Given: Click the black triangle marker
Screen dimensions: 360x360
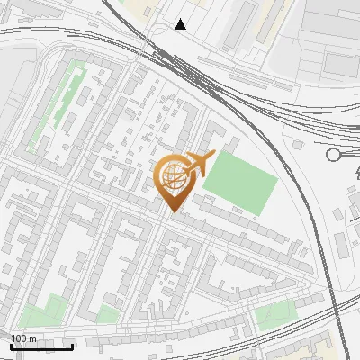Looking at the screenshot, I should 181,24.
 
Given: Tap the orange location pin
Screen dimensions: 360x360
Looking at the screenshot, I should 174,184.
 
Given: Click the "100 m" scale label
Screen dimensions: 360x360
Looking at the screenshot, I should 23,337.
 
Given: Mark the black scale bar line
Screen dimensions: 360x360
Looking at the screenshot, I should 41,346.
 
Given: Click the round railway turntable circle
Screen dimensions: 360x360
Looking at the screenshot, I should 334,155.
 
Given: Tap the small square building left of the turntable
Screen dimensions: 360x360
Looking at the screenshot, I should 300,144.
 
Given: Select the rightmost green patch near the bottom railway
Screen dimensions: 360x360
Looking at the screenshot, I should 275,315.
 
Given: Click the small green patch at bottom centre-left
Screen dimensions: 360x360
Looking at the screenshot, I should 108,314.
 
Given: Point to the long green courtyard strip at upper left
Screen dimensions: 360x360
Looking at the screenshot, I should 56,108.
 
